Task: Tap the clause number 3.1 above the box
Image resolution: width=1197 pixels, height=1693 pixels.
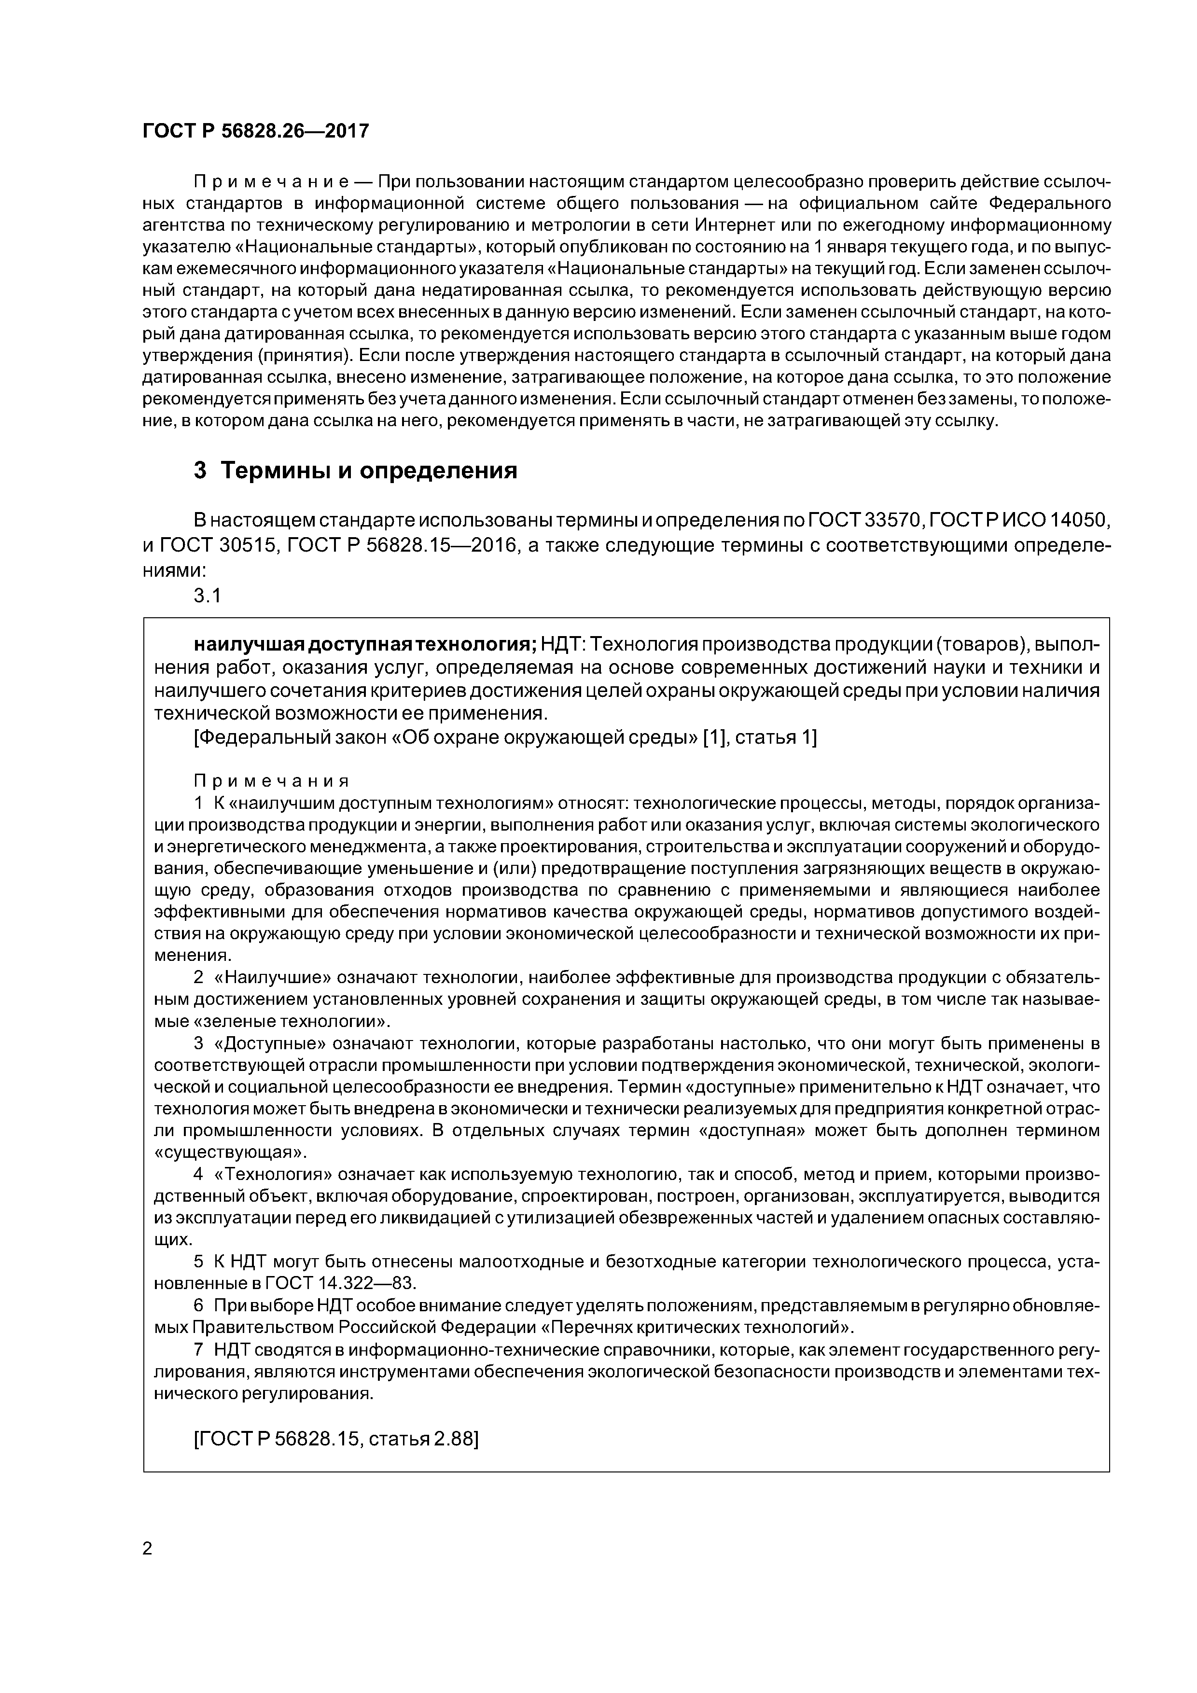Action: [207, 596]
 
